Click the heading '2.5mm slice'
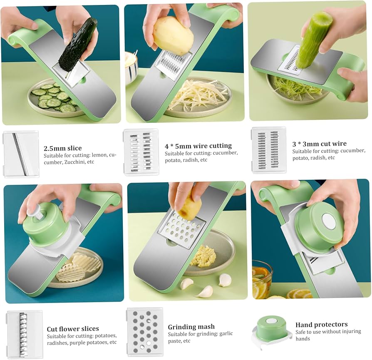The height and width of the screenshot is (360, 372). click(x=62, y=148)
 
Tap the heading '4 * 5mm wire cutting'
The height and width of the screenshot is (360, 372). click(x=198, y=146)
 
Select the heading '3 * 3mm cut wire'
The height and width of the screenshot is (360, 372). click(x=319, y=144)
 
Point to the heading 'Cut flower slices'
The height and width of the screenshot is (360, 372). click(x=73, y=329)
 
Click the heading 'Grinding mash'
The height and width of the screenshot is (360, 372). click(x=191, y=327)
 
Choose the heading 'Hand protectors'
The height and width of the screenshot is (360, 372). click(x=321, y=325)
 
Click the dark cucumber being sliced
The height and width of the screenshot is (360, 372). click(x=78, y=44)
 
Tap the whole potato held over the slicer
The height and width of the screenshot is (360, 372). click(x=173, y=35)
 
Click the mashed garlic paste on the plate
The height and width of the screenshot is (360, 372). click(x=203, y=256)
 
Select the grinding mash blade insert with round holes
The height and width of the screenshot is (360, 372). click(x=144, y=331)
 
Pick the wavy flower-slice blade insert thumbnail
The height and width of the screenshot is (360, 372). click(x=24, y=334)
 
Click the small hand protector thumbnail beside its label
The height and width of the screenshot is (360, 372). click(x=271, y=330)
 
